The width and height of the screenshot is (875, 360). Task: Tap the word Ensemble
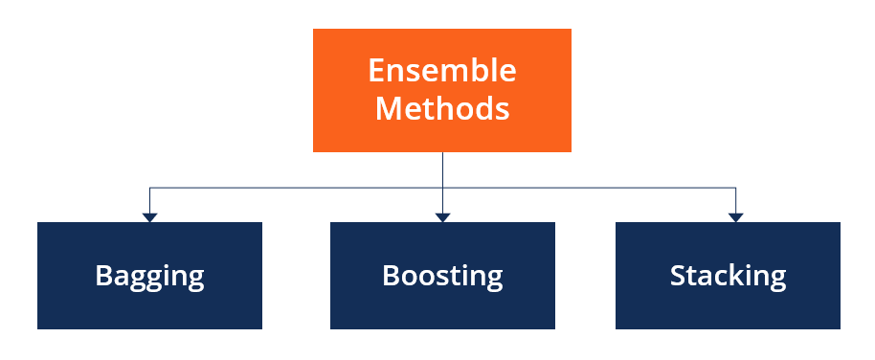click(442, 71)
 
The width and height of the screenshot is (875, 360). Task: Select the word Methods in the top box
click(442, 108)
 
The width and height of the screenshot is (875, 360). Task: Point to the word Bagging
click(149, 277)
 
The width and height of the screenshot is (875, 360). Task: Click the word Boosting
click(442, 277)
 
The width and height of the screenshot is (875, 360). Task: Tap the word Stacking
click(728, 277)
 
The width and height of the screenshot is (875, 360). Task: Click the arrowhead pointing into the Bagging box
click(149, 217)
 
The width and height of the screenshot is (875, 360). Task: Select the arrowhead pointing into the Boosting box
click(442, 217)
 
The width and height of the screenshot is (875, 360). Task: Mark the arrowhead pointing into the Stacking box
click(735, 217)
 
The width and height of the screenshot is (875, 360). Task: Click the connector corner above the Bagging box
click(149, 188)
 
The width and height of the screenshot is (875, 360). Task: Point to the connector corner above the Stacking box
click(735, 188)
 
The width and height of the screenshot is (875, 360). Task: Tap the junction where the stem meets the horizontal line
click(442, 188)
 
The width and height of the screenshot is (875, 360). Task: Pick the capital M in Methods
click(388, 108)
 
